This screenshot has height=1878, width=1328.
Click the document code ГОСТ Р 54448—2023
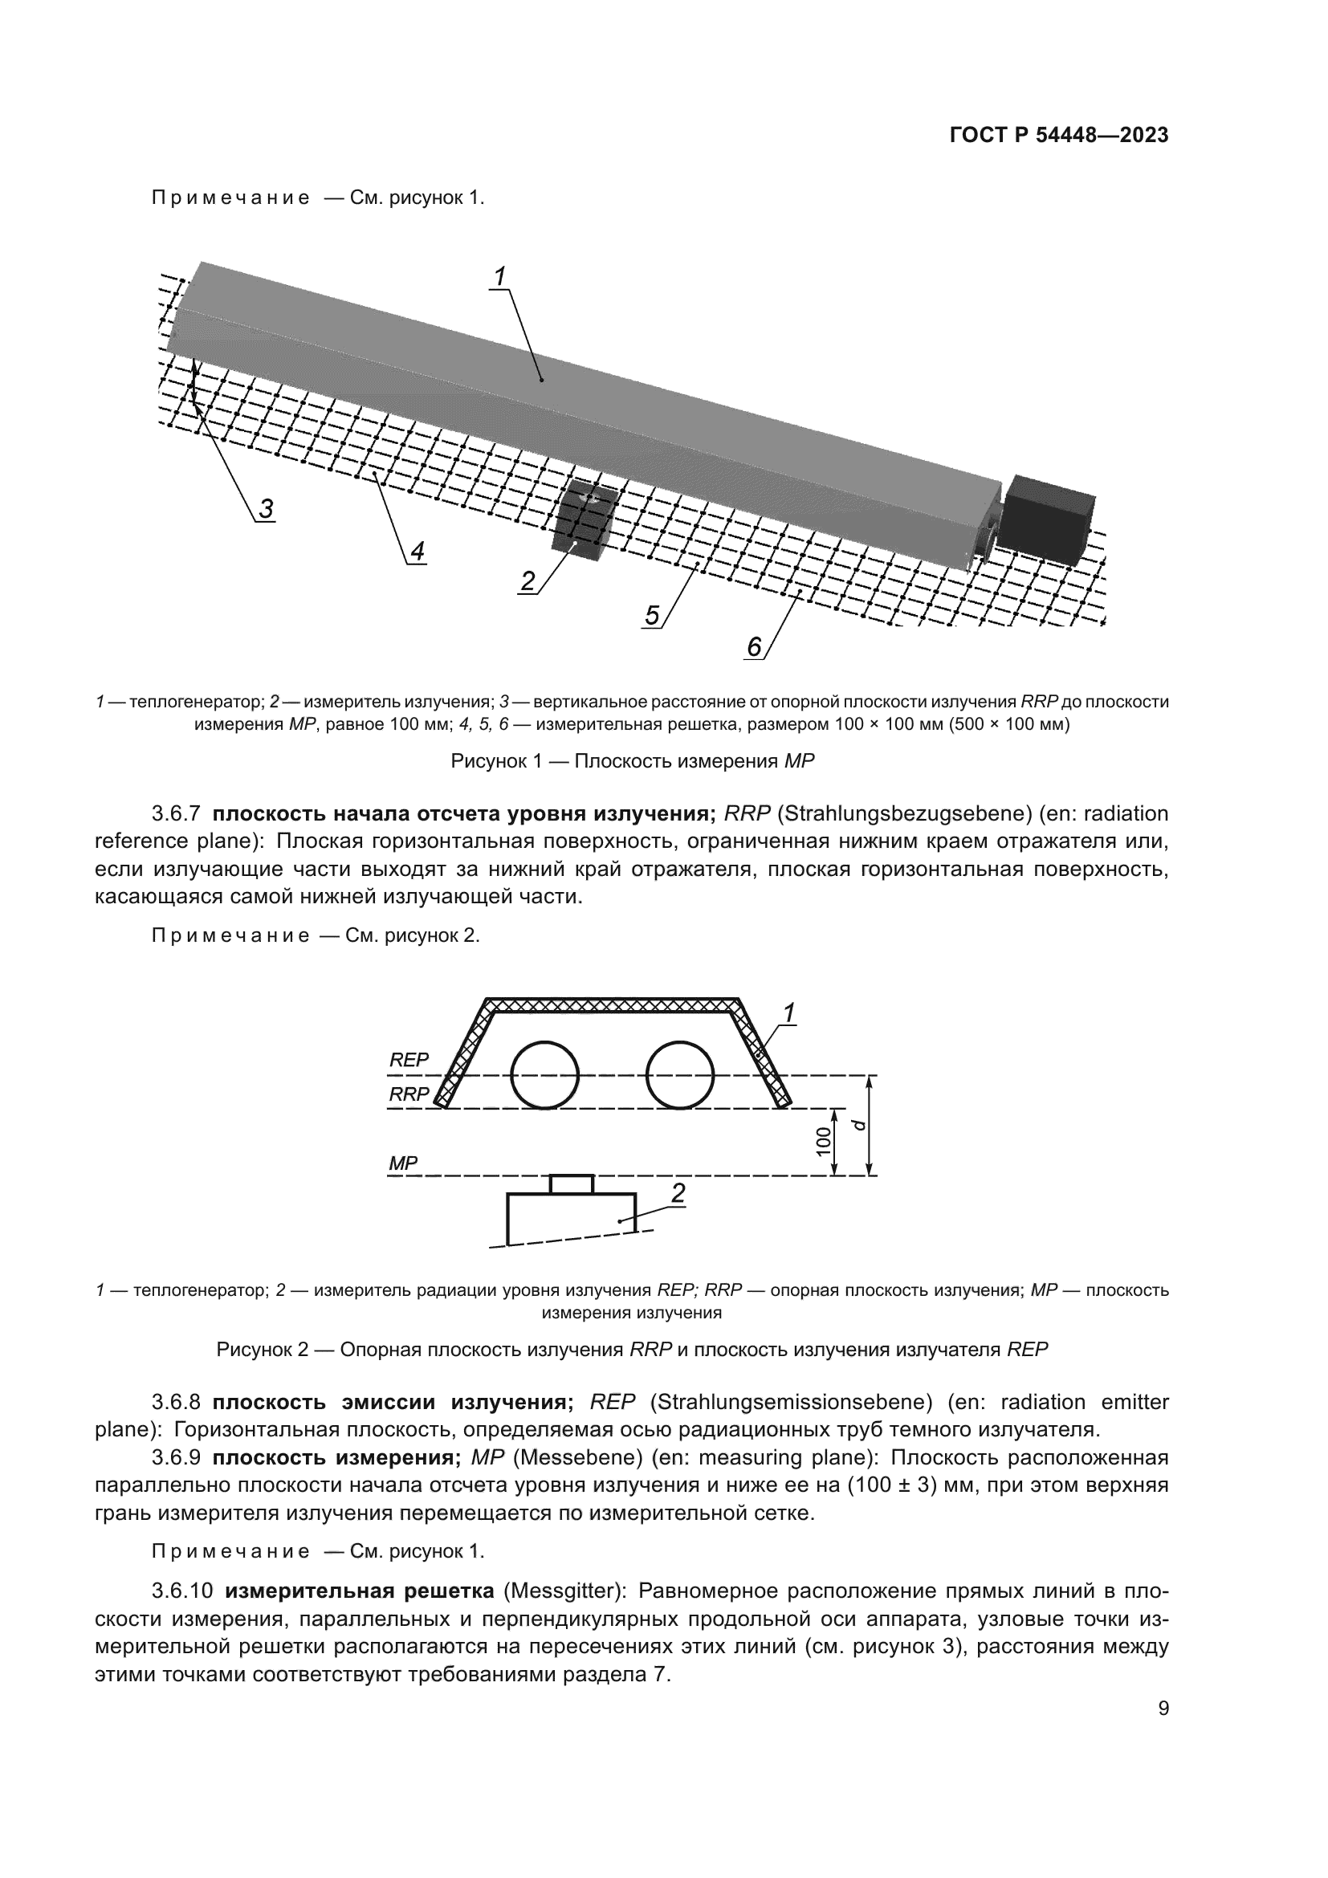(1058, 136)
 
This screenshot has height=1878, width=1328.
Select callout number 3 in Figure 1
(266, 509)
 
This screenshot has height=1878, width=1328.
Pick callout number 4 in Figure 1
(417, 552)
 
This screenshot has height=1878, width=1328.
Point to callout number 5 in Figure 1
(652, 615)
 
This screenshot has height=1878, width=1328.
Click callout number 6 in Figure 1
(754, 647)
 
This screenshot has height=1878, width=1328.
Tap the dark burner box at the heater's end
(1049, 518)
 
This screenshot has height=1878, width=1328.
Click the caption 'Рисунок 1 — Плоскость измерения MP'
(632, 760)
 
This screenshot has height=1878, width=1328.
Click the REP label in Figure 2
(408, 1059)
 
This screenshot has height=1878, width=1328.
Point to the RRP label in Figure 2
(408, 1094)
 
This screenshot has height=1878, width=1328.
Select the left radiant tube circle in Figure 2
(544, 1074)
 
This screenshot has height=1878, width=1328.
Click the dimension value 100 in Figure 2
(825, 1141)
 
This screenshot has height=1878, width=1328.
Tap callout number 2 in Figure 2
(678, 1193)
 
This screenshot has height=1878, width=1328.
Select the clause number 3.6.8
(176, 1402)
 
